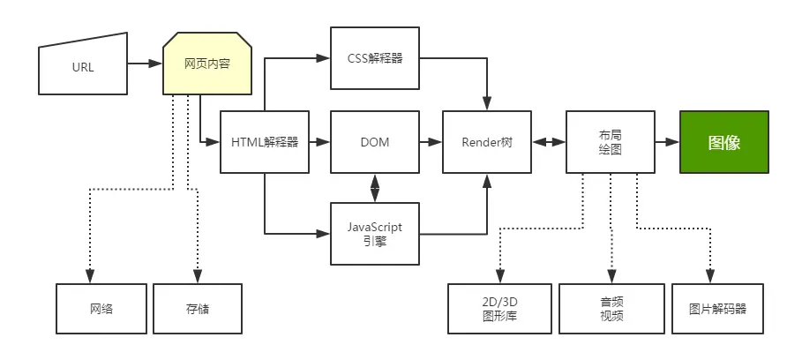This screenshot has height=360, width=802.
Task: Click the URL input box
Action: [82, 65]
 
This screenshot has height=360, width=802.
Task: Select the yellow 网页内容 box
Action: [207, 64]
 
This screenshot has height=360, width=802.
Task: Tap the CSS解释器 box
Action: [375, 58]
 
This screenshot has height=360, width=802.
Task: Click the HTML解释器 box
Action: [264, 142]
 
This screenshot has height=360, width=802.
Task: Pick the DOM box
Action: [375, 142]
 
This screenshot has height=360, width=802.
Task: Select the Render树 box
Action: [487, 142]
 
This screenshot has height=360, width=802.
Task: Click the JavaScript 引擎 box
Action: [375, 234]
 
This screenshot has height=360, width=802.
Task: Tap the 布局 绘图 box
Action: [610, 142]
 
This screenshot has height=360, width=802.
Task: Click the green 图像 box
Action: [723, 142]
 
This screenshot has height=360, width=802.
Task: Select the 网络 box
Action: [101, 310]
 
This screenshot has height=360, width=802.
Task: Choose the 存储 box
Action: [198, 310]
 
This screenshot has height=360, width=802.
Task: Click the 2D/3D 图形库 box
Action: [499, 310]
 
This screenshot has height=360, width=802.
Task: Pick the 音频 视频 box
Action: [611, 310]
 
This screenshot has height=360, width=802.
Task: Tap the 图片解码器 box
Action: [717, 310]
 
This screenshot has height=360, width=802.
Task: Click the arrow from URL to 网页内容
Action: [144, 64]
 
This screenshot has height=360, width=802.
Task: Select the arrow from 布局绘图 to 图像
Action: [666, 142]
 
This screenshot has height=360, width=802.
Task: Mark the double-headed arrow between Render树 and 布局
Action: [548, 142]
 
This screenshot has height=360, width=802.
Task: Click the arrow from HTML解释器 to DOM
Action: [319, 142]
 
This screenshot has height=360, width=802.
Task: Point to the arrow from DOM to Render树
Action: [431, 142]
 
